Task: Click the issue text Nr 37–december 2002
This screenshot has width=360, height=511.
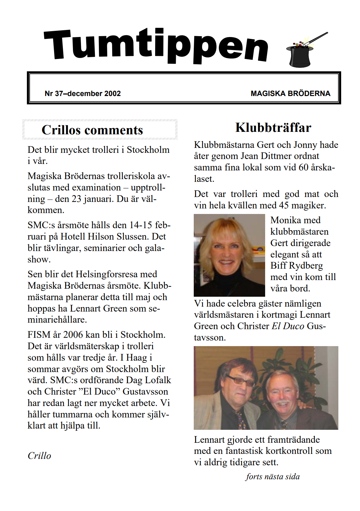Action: pos(83,94)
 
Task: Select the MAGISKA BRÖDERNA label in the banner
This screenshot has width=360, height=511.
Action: pos(290,94)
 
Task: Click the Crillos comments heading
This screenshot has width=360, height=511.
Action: pos(92,130)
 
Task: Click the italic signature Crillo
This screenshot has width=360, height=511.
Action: pos(39,456)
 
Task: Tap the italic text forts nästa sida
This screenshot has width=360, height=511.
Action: pos(273,476)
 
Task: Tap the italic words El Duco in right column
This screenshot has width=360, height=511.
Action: pos(288,326)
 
